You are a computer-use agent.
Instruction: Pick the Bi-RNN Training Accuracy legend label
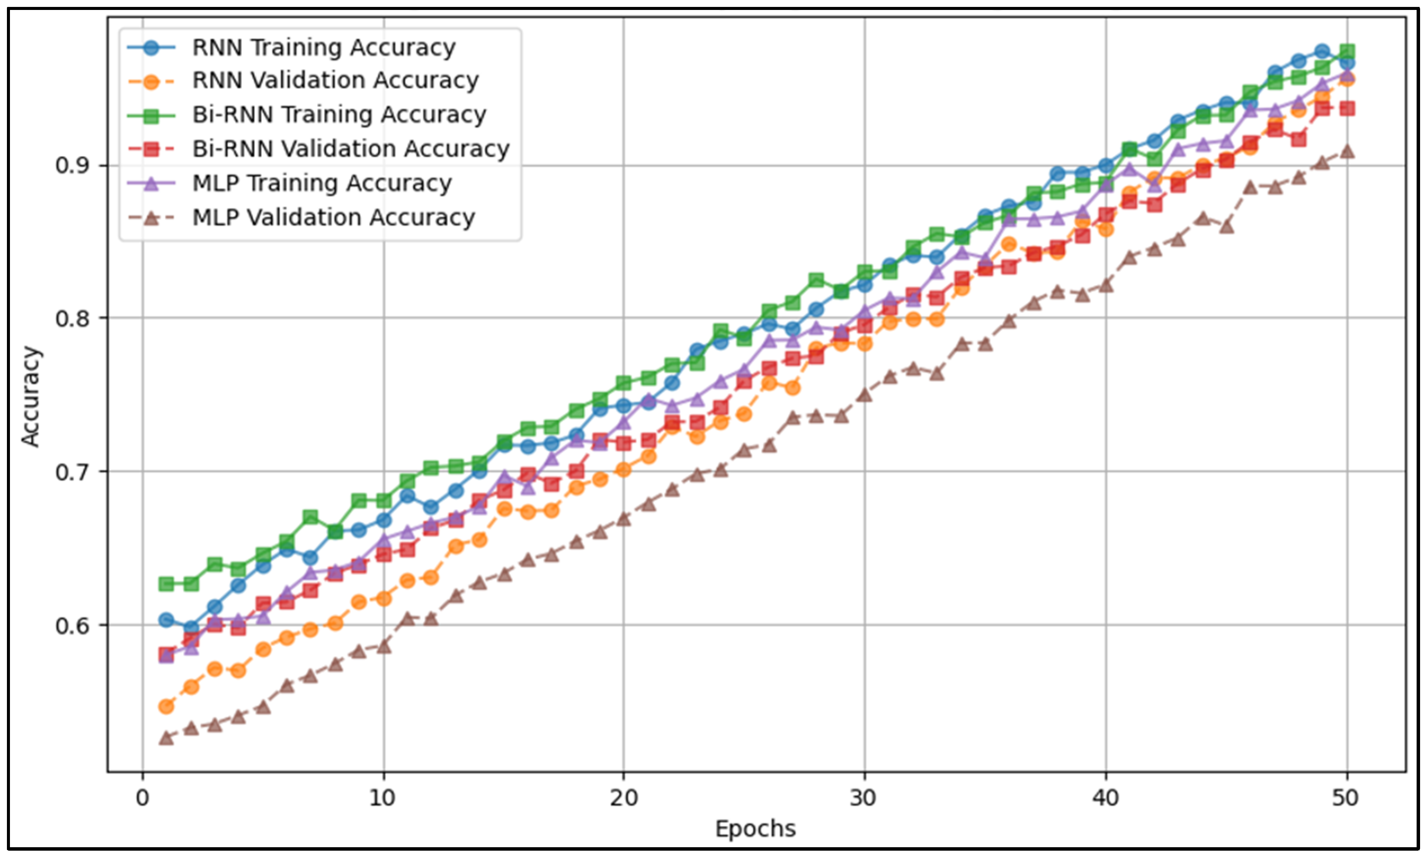pyautogui.click(x=339, y=115)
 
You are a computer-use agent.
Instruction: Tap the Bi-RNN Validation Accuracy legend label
pyautogui.click(x=350, y=149)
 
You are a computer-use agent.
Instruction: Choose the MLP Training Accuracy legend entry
pyautogui.click(x=321, y=183)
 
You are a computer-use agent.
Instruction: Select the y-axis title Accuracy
pyautogui.click(x=31, y=396)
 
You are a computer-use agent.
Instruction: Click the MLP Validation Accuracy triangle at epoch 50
pyautogui.click(x=1347, y=151)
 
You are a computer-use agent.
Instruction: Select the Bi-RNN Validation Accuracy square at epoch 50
pyautogui.click(x=1347, y=108)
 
